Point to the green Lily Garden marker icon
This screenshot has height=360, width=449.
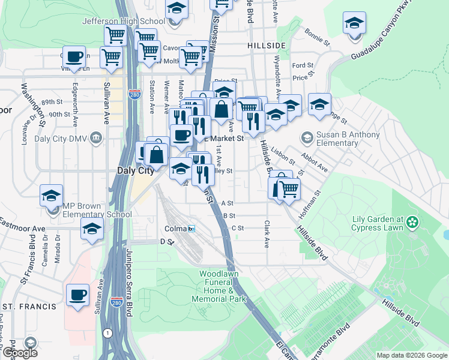pos(412,223)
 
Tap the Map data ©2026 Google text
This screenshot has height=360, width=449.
pos(411,355)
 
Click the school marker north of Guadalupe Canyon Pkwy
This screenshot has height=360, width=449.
pos(354,23)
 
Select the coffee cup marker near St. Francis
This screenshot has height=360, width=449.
pos(77,295)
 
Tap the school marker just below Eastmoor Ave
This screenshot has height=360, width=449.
pos(92,229)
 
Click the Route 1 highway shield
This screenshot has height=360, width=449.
pos(107,333)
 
